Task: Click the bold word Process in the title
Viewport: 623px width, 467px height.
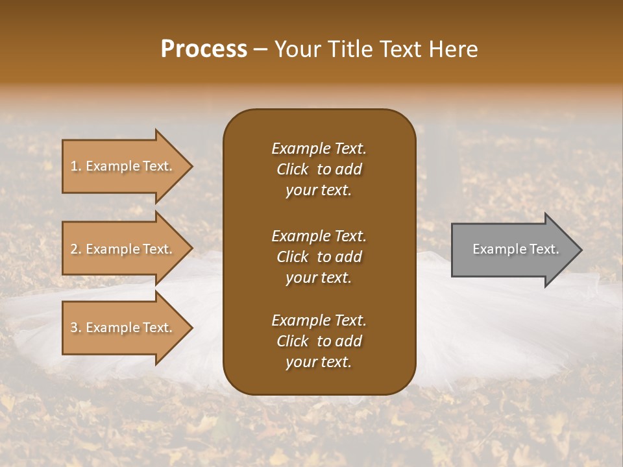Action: (204, 49)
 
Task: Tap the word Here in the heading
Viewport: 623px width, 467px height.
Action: (452, 49)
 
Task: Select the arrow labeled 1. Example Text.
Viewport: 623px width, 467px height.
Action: (123, 166)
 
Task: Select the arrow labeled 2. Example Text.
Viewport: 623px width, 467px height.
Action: (123, 249)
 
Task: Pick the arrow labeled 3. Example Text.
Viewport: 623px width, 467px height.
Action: (123, 328)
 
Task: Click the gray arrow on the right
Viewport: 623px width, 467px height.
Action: (513, 250)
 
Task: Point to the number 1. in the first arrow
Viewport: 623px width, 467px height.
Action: (76, 166)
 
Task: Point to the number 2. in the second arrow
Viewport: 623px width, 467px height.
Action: (76, 249)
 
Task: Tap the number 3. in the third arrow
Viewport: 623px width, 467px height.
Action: (76, 328)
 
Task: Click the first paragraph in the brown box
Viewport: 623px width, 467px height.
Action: (319, 169)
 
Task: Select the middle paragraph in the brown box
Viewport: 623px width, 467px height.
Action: (319, 256)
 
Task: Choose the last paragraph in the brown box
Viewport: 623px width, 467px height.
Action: (319, 341)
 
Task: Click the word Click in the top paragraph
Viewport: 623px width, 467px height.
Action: (292, 169)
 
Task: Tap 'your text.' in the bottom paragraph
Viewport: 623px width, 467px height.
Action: (319, 363)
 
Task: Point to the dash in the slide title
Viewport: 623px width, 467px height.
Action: (261, 49)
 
